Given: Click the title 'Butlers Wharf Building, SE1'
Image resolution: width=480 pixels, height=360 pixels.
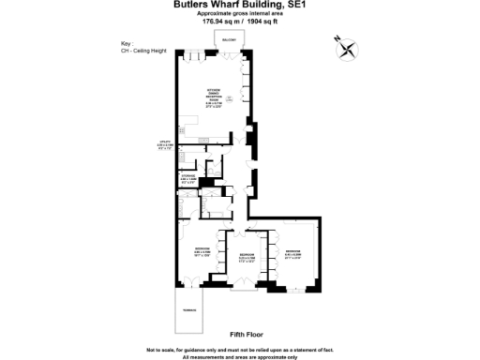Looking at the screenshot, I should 239,6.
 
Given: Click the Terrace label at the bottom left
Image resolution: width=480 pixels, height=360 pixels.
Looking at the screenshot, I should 187,308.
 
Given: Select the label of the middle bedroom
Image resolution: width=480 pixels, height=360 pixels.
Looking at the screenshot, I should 246,256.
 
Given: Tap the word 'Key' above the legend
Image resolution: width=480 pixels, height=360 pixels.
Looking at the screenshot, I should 127,43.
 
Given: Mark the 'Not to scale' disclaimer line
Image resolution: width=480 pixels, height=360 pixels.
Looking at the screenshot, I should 239,348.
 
